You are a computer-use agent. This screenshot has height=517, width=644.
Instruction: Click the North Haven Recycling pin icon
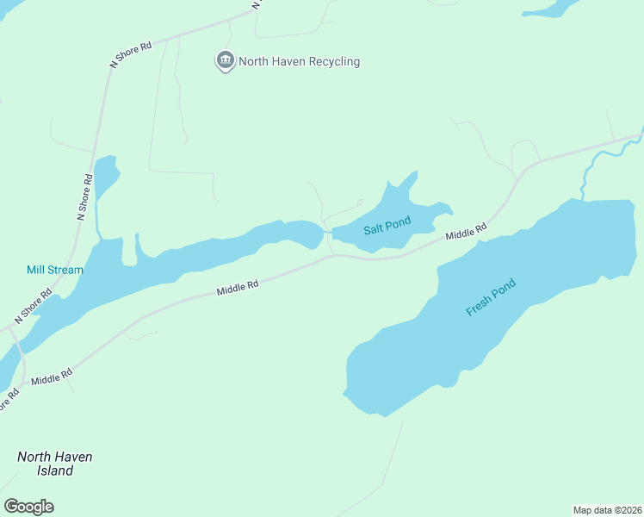[226, 60]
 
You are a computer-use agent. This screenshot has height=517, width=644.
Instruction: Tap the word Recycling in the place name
[329, 61]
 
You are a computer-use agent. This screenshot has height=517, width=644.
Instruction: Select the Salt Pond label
[387, 226]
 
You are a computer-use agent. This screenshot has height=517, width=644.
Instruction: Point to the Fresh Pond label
[491, 297]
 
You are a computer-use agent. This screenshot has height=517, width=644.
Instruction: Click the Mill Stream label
[55, 270]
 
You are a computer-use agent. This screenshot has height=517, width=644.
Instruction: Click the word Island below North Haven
[55, 471]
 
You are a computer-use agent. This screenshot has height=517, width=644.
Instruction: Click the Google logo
[28, 507]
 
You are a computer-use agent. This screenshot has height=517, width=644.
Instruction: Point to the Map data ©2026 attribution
[607, 509]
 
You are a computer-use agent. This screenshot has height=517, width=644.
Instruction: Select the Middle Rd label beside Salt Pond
[466, 232]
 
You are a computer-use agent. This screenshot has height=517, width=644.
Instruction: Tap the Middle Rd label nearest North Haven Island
[52, 376]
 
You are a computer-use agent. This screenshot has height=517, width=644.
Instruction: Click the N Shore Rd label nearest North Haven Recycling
[131, 54]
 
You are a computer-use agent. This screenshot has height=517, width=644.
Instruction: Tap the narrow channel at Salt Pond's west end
[327, 233]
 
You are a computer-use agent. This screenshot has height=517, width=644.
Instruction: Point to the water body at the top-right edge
[551, 9]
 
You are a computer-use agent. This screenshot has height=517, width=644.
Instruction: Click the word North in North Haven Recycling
[255, 61]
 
